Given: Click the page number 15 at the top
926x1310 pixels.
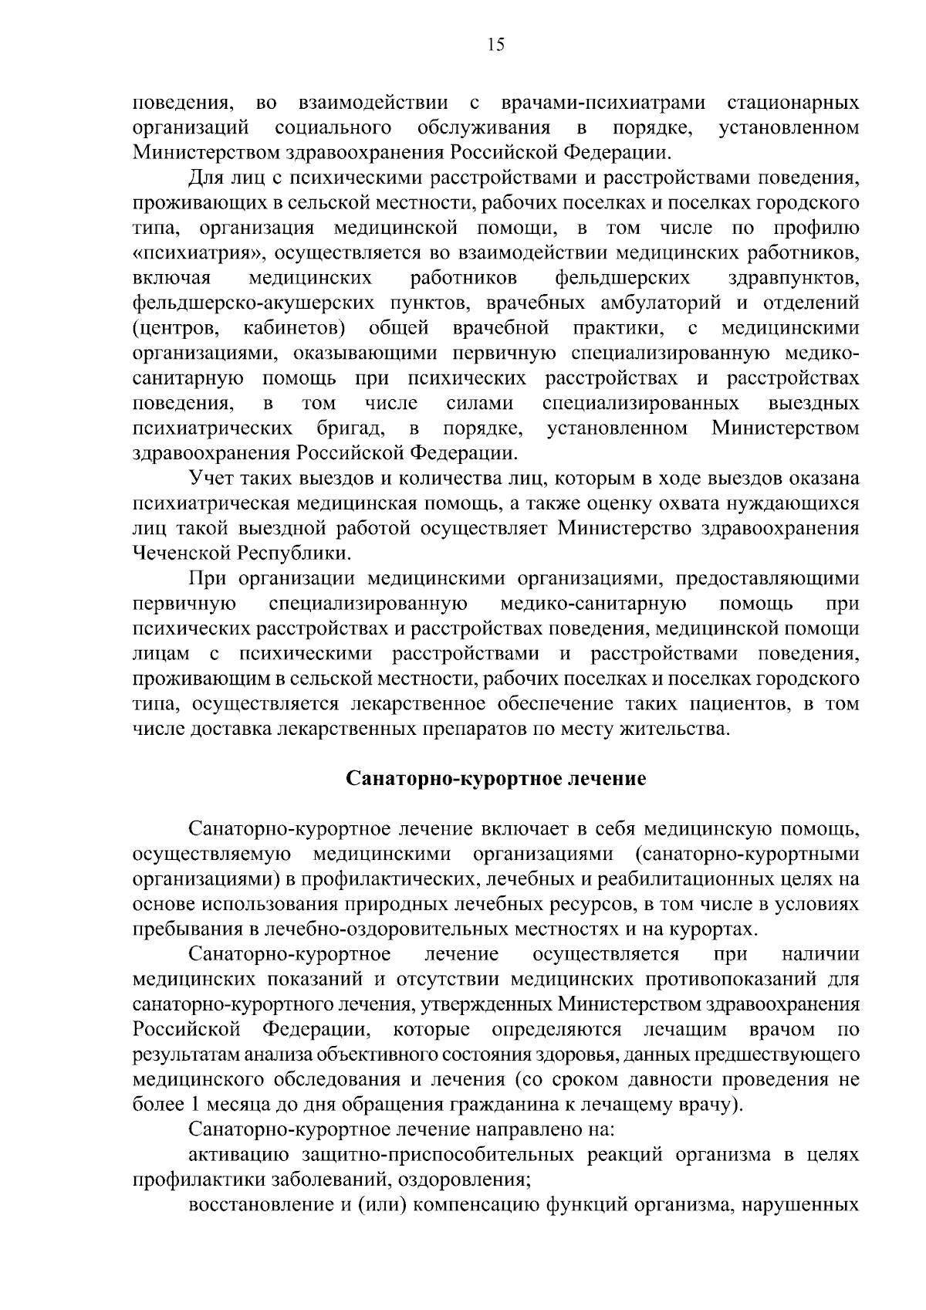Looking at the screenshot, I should (496, 45).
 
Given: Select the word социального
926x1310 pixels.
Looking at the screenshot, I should (333, 127).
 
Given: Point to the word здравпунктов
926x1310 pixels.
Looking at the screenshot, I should (794, 277).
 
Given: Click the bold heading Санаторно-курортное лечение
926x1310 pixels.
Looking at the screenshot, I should (495, 778).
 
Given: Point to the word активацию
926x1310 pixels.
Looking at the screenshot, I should (239, 1155).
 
